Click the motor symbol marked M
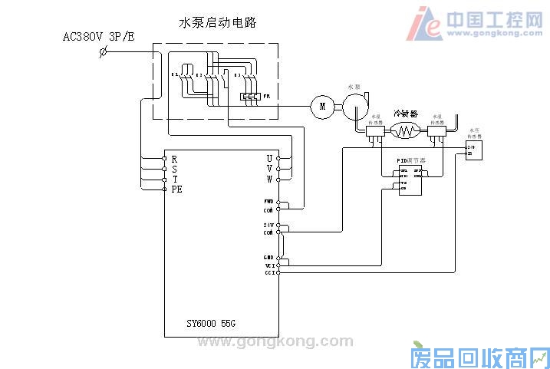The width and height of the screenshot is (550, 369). [322, 107]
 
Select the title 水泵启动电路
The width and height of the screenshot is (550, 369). [217, 23]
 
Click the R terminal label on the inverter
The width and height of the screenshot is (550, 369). [174, 160]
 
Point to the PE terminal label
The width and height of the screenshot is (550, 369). [176, 189]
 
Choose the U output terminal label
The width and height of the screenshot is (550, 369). [269, 160]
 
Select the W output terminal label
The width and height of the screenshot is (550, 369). [269, 179]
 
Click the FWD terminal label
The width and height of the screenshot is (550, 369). [268, 201]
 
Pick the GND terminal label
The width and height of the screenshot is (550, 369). [268, 257]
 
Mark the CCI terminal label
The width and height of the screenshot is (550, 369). [268, 272]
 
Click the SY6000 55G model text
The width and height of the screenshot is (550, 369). [211, 323]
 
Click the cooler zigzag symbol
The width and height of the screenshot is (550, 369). [404, 132]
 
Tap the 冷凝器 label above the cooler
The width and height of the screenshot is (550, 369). [405, 114]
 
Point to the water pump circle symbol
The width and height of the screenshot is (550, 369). [355, 107]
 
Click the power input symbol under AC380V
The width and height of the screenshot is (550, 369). [104, 51]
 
